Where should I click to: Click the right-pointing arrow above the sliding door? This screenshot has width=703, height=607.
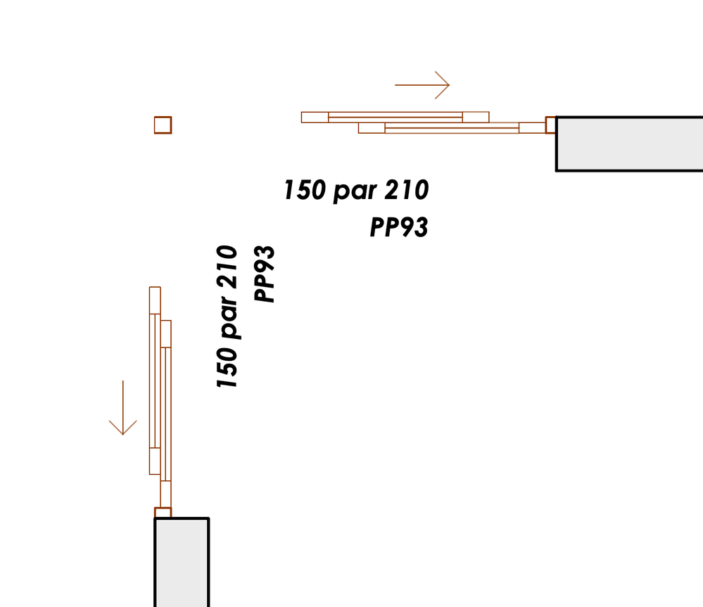click(x=422, y=84)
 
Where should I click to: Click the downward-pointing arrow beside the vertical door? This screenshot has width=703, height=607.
click(x=123, y=408)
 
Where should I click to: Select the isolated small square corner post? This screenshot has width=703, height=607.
click(x=163, y=125)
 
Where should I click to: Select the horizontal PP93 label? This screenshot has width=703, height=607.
click(x=399, y=226)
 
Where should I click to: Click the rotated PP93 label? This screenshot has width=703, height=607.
click(x=264, y=274)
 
